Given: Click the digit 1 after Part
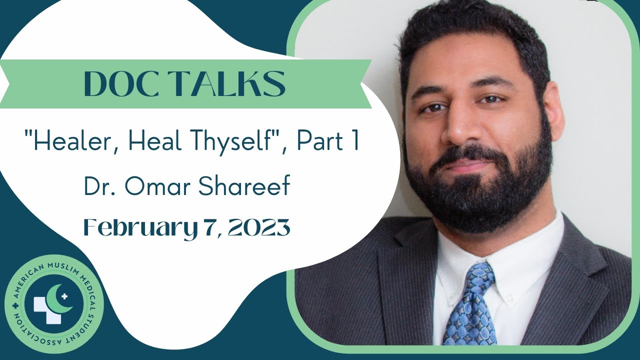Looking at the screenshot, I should click(353, 143).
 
